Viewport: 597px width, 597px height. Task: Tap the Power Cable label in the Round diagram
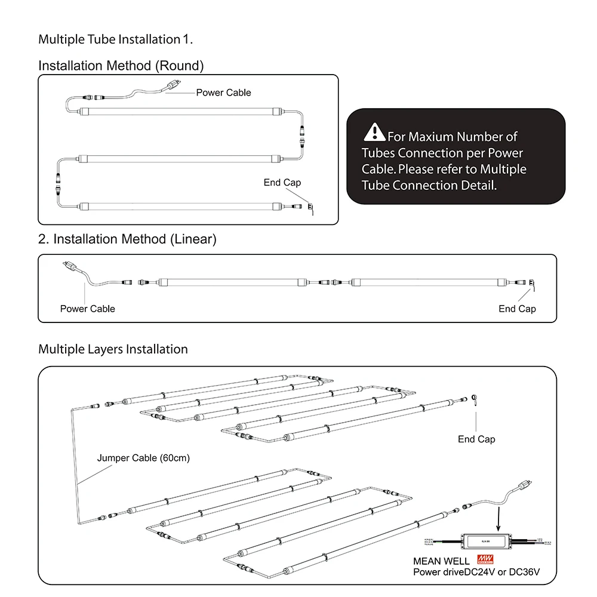coord(223,93)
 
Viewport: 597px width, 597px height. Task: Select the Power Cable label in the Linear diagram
coord(87,309)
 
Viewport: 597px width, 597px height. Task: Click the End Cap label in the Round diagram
coord(282,182)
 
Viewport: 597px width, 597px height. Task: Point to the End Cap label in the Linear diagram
coord(517,309)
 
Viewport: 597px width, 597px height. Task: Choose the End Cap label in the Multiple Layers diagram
coord(476,439)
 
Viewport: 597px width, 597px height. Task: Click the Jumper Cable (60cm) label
coord(143,458)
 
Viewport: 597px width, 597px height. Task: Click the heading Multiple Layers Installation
coord(113,349)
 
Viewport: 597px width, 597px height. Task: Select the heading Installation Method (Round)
coord(121,66)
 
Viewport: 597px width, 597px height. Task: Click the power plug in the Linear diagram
coord(67,266)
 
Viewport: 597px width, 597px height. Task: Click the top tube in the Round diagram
coord(179,110)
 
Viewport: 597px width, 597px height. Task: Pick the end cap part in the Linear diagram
coord(530,283)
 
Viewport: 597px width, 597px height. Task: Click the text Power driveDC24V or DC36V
coord(476,573)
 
